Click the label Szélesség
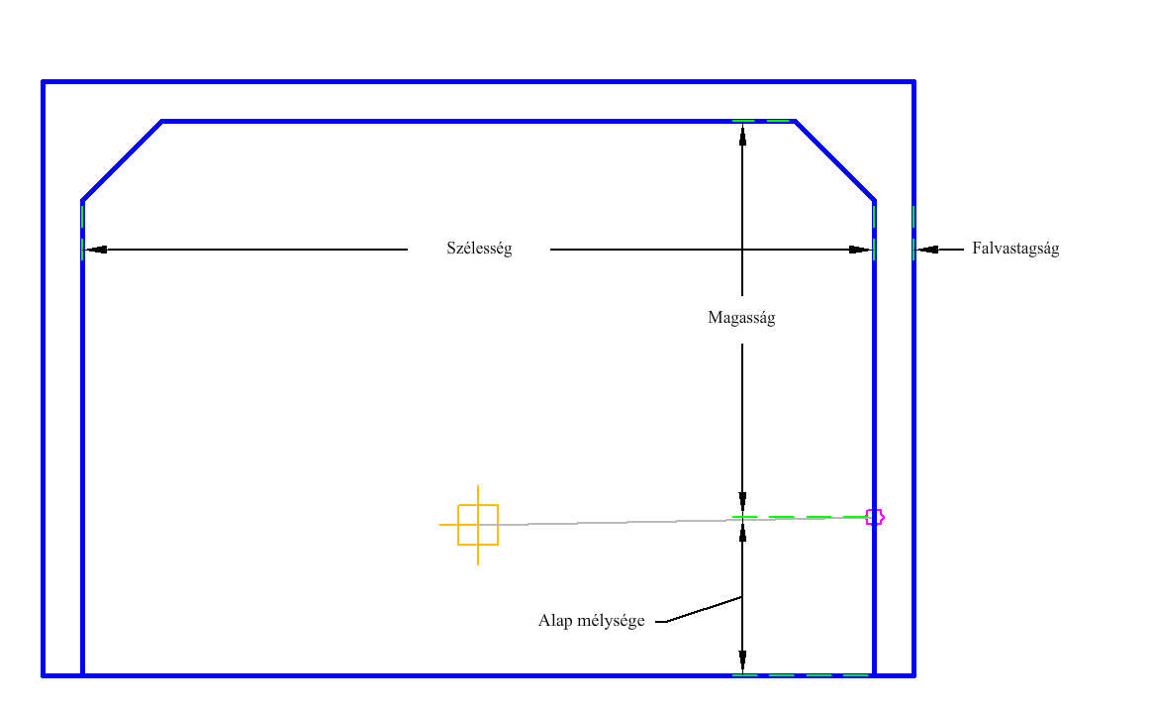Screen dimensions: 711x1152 click(479, 250)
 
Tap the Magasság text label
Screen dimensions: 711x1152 click(741, 318)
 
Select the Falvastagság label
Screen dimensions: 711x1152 click(1015, 250)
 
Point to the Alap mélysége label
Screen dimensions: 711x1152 click(592, 621)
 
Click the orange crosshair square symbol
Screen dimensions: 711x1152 click(478, 525)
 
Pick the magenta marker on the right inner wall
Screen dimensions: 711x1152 click(874, 517)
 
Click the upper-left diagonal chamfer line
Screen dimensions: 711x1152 click(122, 161)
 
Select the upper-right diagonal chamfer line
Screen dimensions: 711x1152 click(834, 160)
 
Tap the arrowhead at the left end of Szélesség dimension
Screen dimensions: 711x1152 click(95, 250)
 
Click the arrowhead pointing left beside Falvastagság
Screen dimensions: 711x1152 click(926, 250)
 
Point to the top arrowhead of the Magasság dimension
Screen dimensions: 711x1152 click(742, 134)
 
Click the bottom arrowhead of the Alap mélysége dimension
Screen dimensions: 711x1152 click(742, 662)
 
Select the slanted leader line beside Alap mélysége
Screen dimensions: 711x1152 click(704, 609)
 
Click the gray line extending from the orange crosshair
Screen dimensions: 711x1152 click(614, 523)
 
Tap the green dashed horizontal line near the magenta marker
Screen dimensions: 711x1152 click(802, 517)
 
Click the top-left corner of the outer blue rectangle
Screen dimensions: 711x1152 click(44, 81)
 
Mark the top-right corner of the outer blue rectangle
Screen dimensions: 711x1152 click(913, 81)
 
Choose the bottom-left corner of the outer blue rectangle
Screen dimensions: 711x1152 click(44, 675)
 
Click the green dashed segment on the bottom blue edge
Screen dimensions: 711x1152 click(802, 675)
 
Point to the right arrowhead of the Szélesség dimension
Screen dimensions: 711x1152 click(860, 250)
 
